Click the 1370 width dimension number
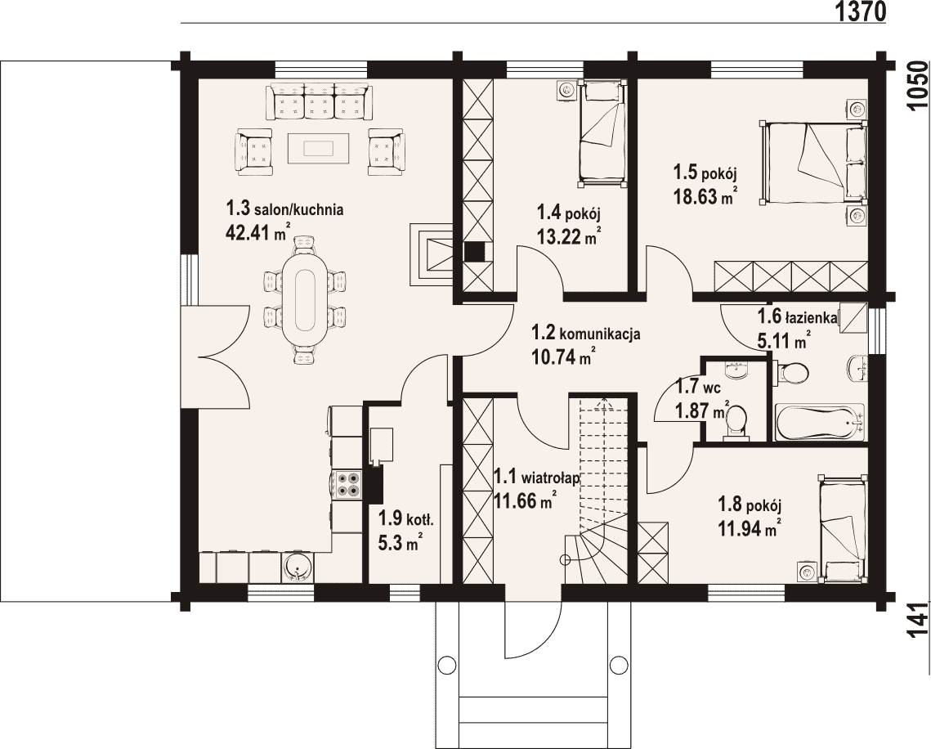click(x=861, y=11)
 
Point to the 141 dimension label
click(x=919, y=621)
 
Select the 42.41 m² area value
click(x=258, y=232)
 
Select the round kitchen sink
click(x=297, y=567)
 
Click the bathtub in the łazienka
click(x=820, y=422)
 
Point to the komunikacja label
click(x=600, y=334)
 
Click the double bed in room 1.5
click(x=812, y=163)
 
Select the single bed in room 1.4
click(x=602, y=133)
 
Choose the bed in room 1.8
click(x=843, y=529)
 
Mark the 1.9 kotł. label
click(x=407, y=519)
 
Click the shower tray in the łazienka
click(x=853, y=324)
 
